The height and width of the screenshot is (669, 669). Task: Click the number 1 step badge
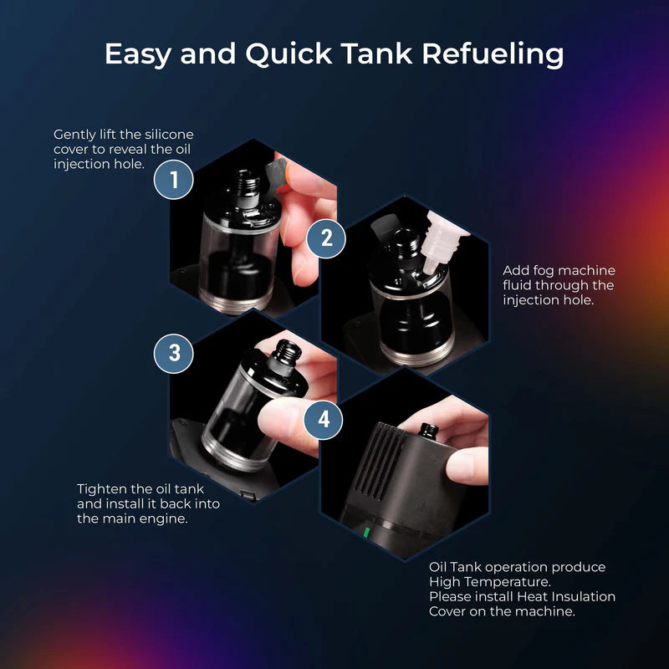pyautogui.click(x=174, y=180)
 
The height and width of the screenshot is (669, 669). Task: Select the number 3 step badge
pyautogui.click(x=174, y=352)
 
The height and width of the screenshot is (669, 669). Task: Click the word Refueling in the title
pyautogui.click(x=492, y=54)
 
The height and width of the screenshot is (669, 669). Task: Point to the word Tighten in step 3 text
pyautogui.click(x=103, y=488)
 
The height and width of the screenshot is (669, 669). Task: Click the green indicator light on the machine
pyautogui.click(x=366, y=533)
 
